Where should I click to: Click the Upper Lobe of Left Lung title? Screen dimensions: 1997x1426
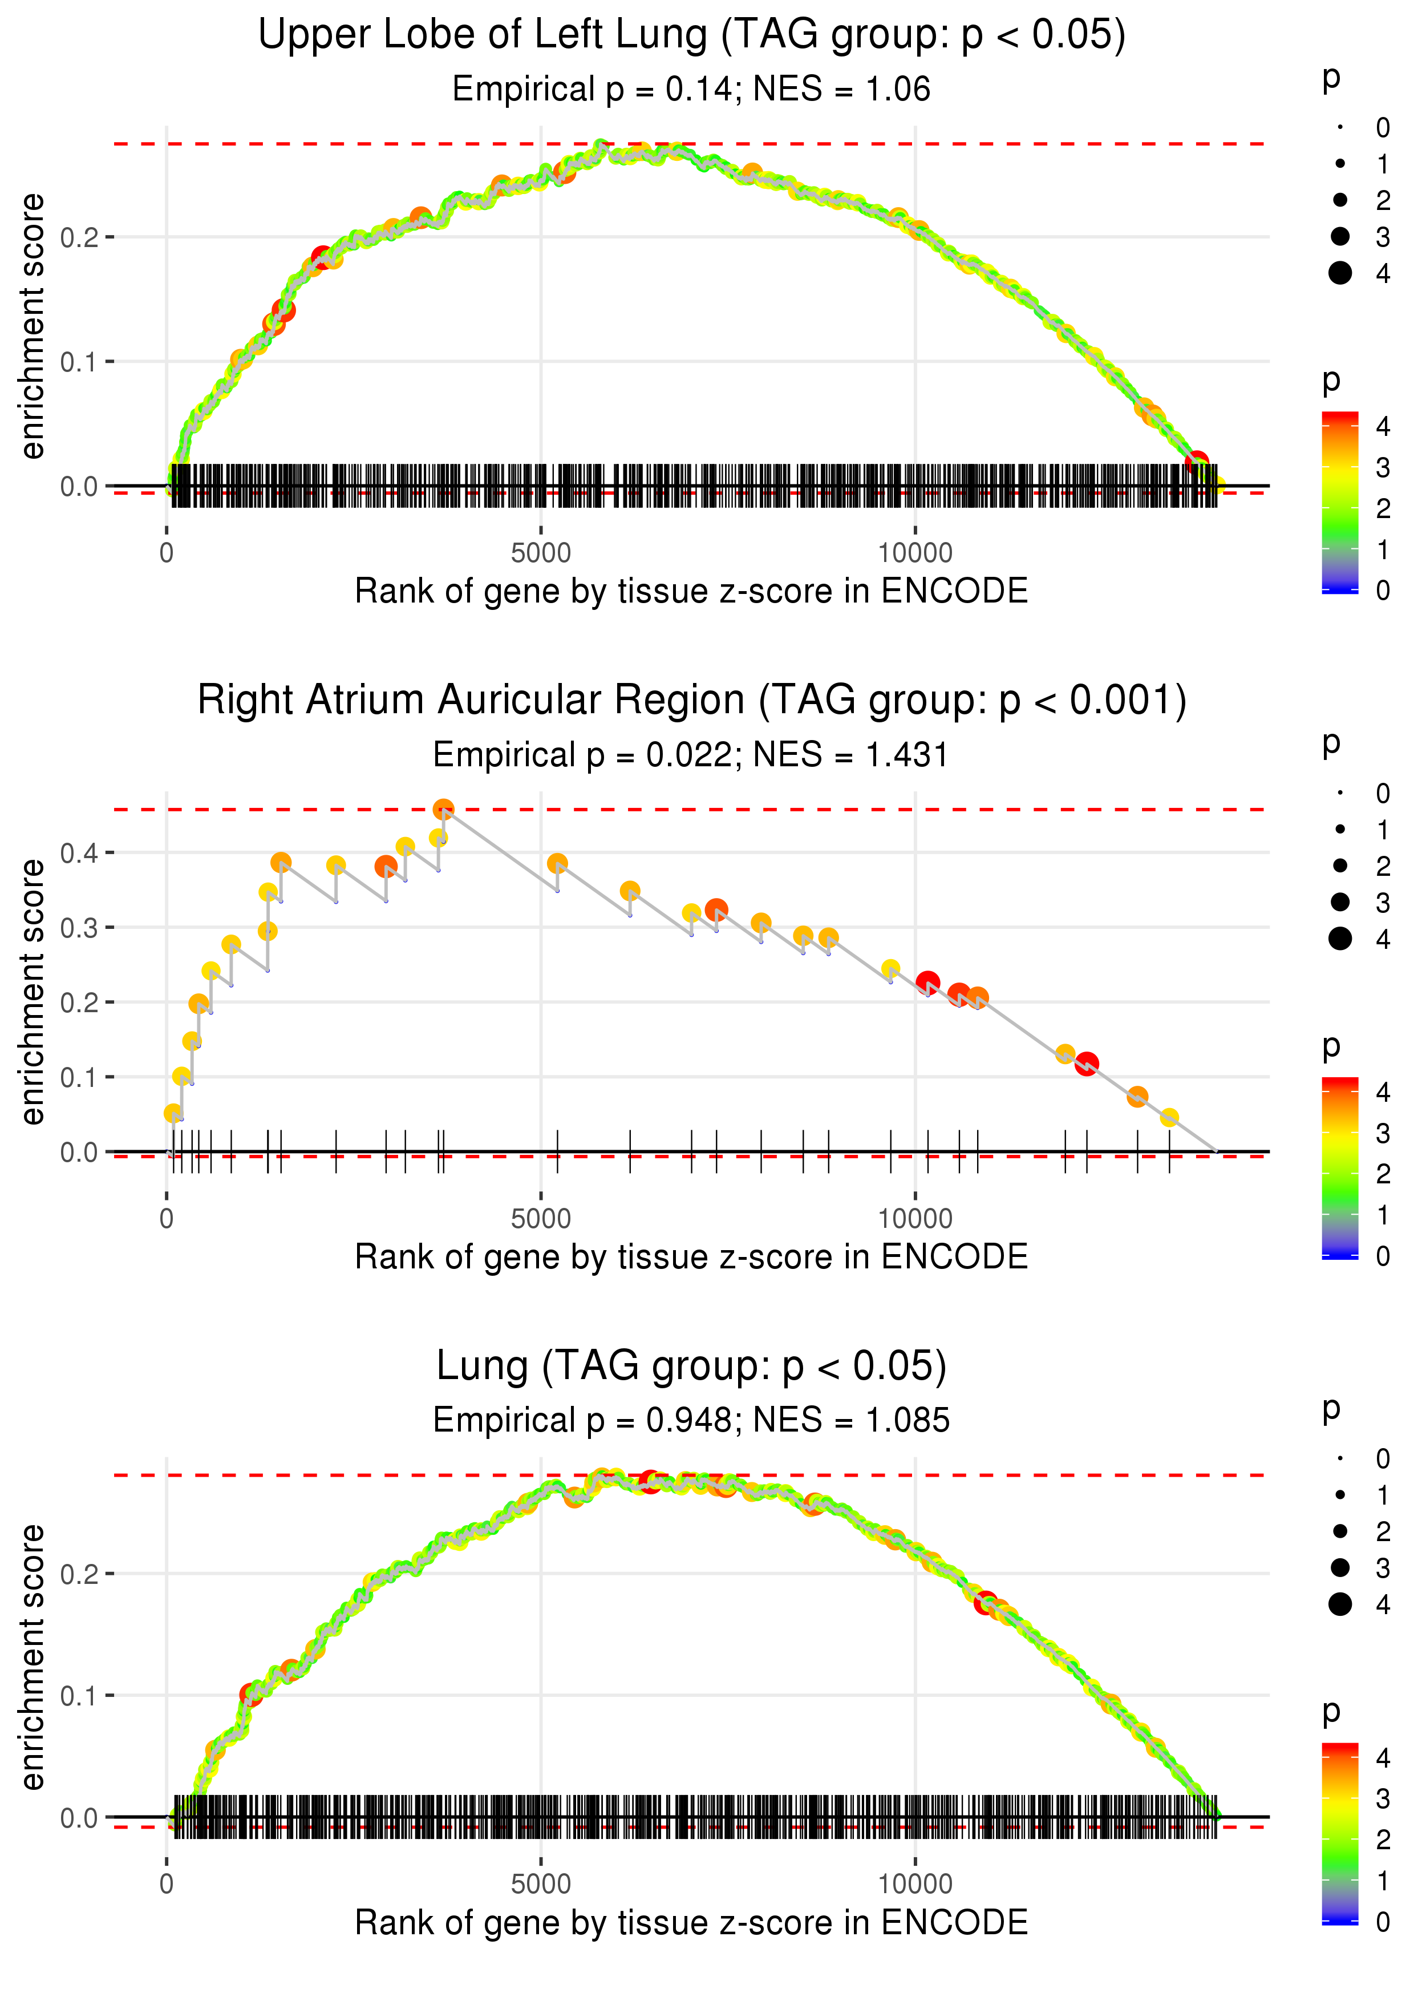tap(691, 35)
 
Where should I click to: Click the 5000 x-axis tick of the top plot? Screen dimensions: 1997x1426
tap(541, 553)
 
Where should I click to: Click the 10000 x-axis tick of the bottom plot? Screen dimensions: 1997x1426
tap(915, 1885)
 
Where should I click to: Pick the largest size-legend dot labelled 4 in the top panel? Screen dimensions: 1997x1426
tap(1340, 273)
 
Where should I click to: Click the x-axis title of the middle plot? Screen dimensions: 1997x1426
tap(691, 1257)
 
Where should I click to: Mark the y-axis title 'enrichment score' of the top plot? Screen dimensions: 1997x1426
tap(33, 327)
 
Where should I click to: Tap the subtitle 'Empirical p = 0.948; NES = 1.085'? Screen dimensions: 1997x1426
tap(691, 1420)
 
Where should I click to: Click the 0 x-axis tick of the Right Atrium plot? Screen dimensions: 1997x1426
tap(167, 1219)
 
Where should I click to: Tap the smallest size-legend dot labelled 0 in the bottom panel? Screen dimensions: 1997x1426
tap(1340, 1459)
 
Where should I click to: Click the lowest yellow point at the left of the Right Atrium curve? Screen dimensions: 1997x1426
tap(173, 1114)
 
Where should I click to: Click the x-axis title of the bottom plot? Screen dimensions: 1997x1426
tap(691, 1922)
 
